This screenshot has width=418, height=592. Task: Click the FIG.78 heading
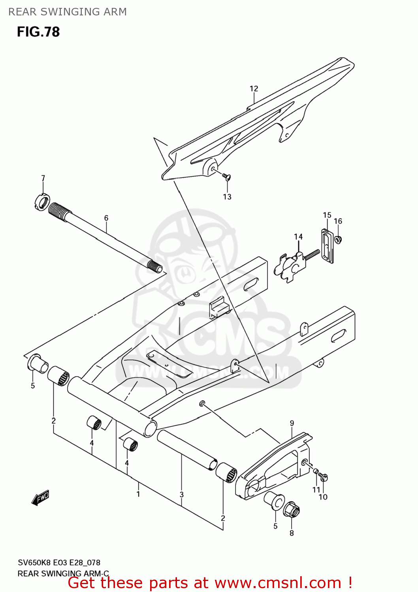(38, 32)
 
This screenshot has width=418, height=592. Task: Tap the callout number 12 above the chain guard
(254, 89)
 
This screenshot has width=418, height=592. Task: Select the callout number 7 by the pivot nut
(43, 178)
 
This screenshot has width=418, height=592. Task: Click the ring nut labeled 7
(41, 202)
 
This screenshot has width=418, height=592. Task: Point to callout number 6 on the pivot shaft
(106, 218)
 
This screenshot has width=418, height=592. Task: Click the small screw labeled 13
(226, 176)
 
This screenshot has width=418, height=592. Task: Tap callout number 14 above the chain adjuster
(298, 237)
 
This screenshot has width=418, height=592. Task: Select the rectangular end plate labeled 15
(327, 246)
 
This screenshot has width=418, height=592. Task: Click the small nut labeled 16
(338, 239)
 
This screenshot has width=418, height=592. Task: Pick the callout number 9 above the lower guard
(292, 423)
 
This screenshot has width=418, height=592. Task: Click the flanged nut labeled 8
(292, 510)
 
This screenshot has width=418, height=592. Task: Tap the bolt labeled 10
(324, 478)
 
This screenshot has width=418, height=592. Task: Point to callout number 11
(316, 490)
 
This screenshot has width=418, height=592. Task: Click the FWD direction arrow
(40, 498)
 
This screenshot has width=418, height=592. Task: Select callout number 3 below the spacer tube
(181, 495)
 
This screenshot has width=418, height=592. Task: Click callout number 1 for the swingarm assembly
(138, 494)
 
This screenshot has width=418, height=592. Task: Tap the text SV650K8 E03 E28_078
(59, 562)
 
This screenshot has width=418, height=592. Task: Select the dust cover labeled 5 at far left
(38, 363)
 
